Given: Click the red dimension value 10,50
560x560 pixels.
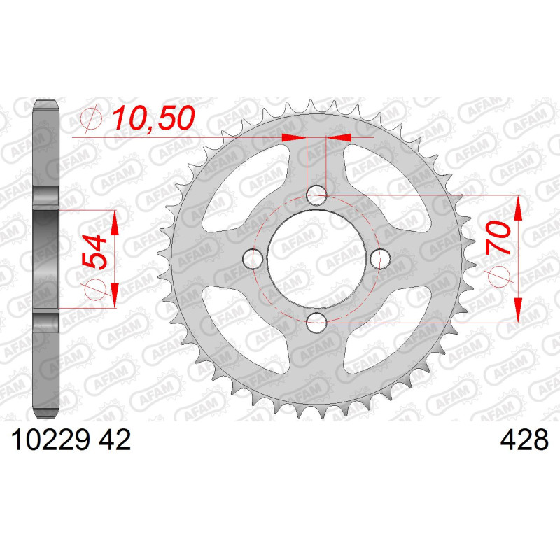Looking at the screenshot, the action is click(154, 118).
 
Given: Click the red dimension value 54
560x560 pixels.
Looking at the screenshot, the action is click(94, 252).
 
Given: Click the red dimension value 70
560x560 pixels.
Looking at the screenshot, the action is click(498, 238).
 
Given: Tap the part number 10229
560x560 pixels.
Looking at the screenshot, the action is click(50, 440).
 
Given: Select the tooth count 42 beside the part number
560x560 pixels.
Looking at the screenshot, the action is click(115, 440).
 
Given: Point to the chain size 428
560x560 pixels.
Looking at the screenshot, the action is click(524, 440).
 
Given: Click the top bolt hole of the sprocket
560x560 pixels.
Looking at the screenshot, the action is click(316, 195).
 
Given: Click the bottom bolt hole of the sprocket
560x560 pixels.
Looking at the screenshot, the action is click(316, 322).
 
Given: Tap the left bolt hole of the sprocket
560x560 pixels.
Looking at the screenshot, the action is click(253, 258).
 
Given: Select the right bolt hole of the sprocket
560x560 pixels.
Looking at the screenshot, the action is click(380, 258).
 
